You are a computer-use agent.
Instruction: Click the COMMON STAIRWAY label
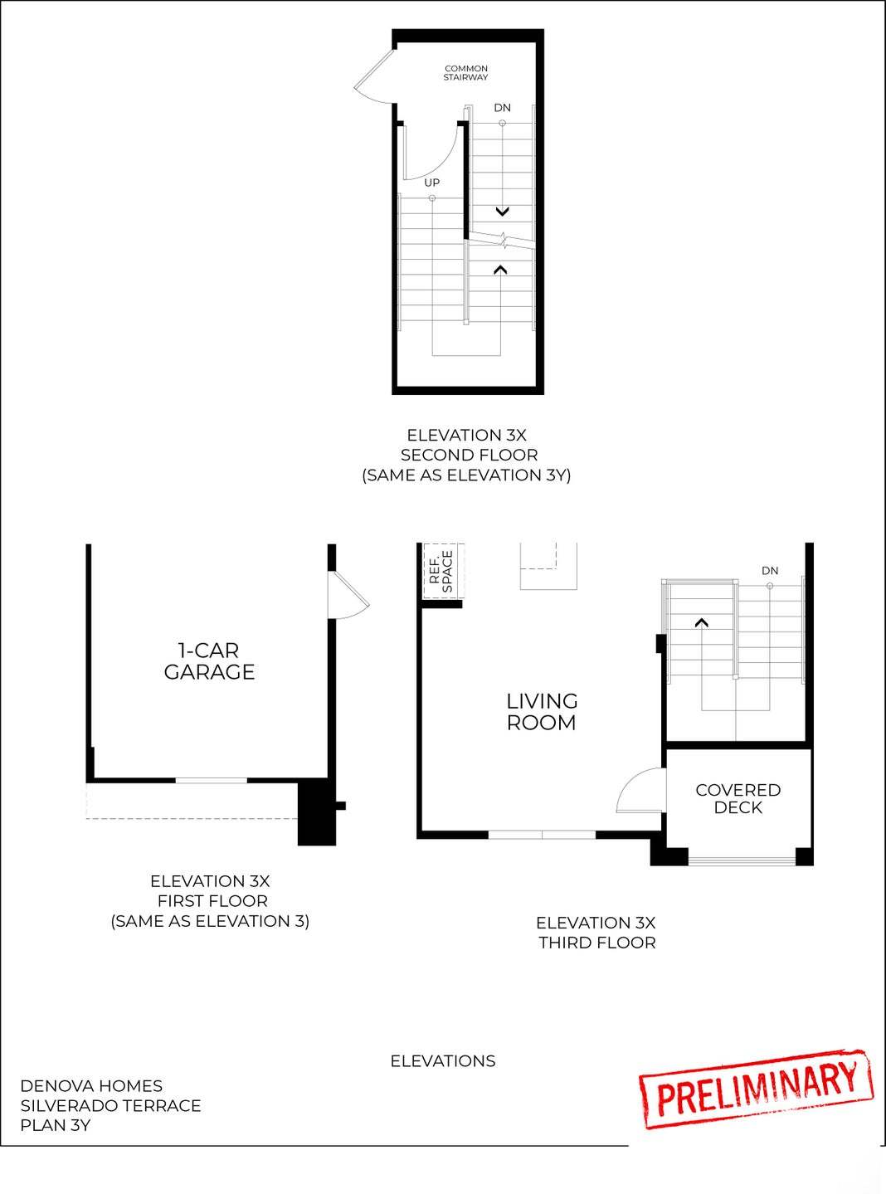(465, 73)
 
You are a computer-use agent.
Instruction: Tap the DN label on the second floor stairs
(502, 108)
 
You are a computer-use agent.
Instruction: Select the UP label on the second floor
(431, 183)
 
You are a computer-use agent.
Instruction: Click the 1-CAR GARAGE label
(209, 661)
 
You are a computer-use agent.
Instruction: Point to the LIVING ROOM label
(542, 712)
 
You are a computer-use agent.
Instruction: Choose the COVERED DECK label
(738, 798)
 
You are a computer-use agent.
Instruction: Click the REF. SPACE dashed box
(442, 571)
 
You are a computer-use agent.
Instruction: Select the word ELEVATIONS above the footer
(443, 1061)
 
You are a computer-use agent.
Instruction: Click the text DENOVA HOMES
(91, 1085)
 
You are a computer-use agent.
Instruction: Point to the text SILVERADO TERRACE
(110, 1105)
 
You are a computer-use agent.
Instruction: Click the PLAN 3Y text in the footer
(56, 1125)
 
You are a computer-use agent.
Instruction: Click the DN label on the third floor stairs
(770, 571)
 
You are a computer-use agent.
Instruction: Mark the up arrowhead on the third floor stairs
(702, 622)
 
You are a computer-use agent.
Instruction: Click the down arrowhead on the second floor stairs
(502, 212)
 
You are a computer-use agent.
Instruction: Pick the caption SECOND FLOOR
(469, 455)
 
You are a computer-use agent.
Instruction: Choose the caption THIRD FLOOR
(596, 943)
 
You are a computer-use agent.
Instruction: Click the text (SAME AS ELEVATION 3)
(210, 921)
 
